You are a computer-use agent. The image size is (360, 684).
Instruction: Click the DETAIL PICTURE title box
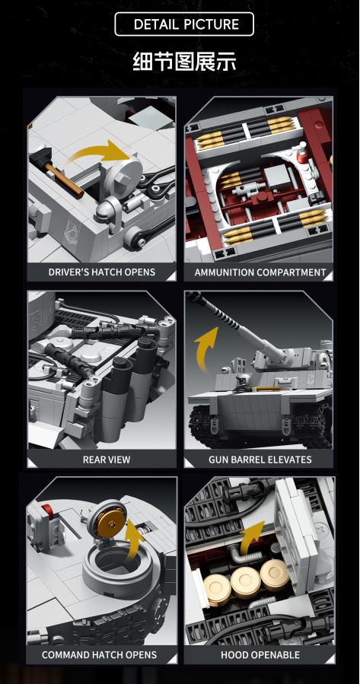click(184, 24)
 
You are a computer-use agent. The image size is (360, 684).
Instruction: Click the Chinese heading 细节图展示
click(184, 62)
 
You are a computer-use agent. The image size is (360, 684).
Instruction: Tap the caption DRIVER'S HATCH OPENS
click(102, 272)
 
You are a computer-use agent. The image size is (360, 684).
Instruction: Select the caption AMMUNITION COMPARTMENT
click(260, 272)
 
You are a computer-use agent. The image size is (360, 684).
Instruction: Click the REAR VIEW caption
click(107, 459)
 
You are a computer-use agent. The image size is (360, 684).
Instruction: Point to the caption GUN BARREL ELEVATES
click(260, 459)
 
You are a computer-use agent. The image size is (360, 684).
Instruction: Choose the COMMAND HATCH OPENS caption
click(99, 654)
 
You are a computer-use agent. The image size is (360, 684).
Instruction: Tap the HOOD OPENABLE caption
click(260, 654)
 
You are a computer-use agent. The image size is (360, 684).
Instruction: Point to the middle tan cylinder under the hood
click(246, 578)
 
